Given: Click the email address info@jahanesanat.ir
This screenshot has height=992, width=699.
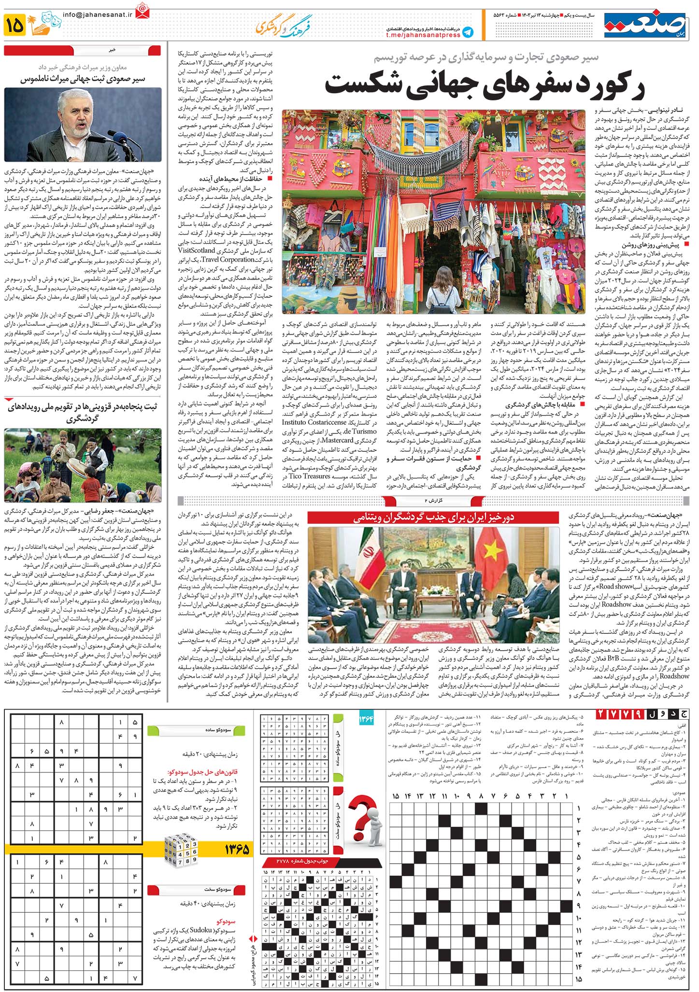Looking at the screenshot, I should [x=97, y=14].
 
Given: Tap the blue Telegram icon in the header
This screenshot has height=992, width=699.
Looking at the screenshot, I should [x=467, y=32].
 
